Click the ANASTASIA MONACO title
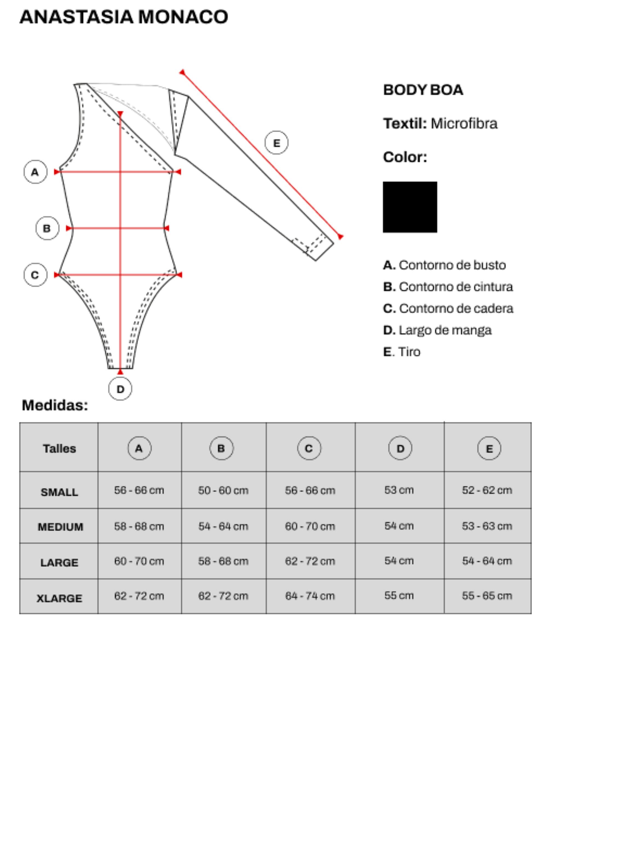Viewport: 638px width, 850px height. click(x=124, y=17)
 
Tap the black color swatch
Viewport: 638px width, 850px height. click(x=410, y=207)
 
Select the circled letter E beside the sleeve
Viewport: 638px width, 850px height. click(x=276, y=143)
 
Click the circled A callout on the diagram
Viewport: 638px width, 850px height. click(x=35, y=172)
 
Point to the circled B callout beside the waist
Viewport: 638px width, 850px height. click(x=47, y=228)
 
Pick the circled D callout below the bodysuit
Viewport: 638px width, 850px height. click(x=120, y=389)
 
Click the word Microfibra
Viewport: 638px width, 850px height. click(x=464, y=124)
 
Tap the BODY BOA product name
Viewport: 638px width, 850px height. click(x=423, y=90)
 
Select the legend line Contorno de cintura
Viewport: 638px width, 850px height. click(x=448, y=287)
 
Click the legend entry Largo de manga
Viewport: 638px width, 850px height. click(x=437, y=330)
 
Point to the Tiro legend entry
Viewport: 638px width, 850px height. click(x=402, y=352)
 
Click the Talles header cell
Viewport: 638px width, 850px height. click(x=59, y=448)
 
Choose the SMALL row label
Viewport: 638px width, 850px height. click(x=59, y=492)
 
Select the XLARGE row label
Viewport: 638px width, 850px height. click(x=59, y=598)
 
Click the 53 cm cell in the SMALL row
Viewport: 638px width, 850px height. click(x=399, y=490)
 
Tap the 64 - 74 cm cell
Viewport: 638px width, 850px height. click(x=310, y=596)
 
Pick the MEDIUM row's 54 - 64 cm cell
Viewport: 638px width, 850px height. click(x=223, y=526)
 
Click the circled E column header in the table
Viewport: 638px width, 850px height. click(x=489, y=448)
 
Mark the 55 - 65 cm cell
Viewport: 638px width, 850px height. click(x=487, y=596)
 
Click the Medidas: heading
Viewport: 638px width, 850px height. click(x=55, y=405)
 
